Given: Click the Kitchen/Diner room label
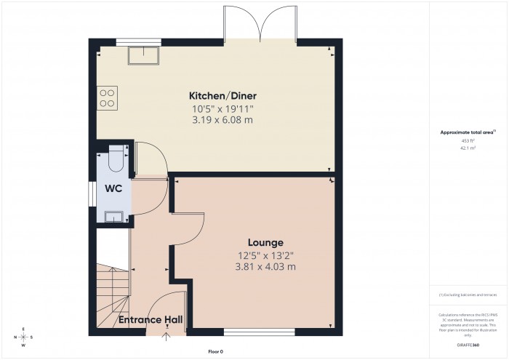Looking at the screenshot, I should pos(223,96).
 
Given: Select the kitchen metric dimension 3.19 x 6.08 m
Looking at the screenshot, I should pos(223,120).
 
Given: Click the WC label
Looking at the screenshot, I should pos(113,188).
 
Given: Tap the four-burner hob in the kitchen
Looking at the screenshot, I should pos(107,97).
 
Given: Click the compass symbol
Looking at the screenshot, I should pos(24,337).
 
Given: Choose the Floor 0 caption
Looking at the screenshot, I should pos(215,351).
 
